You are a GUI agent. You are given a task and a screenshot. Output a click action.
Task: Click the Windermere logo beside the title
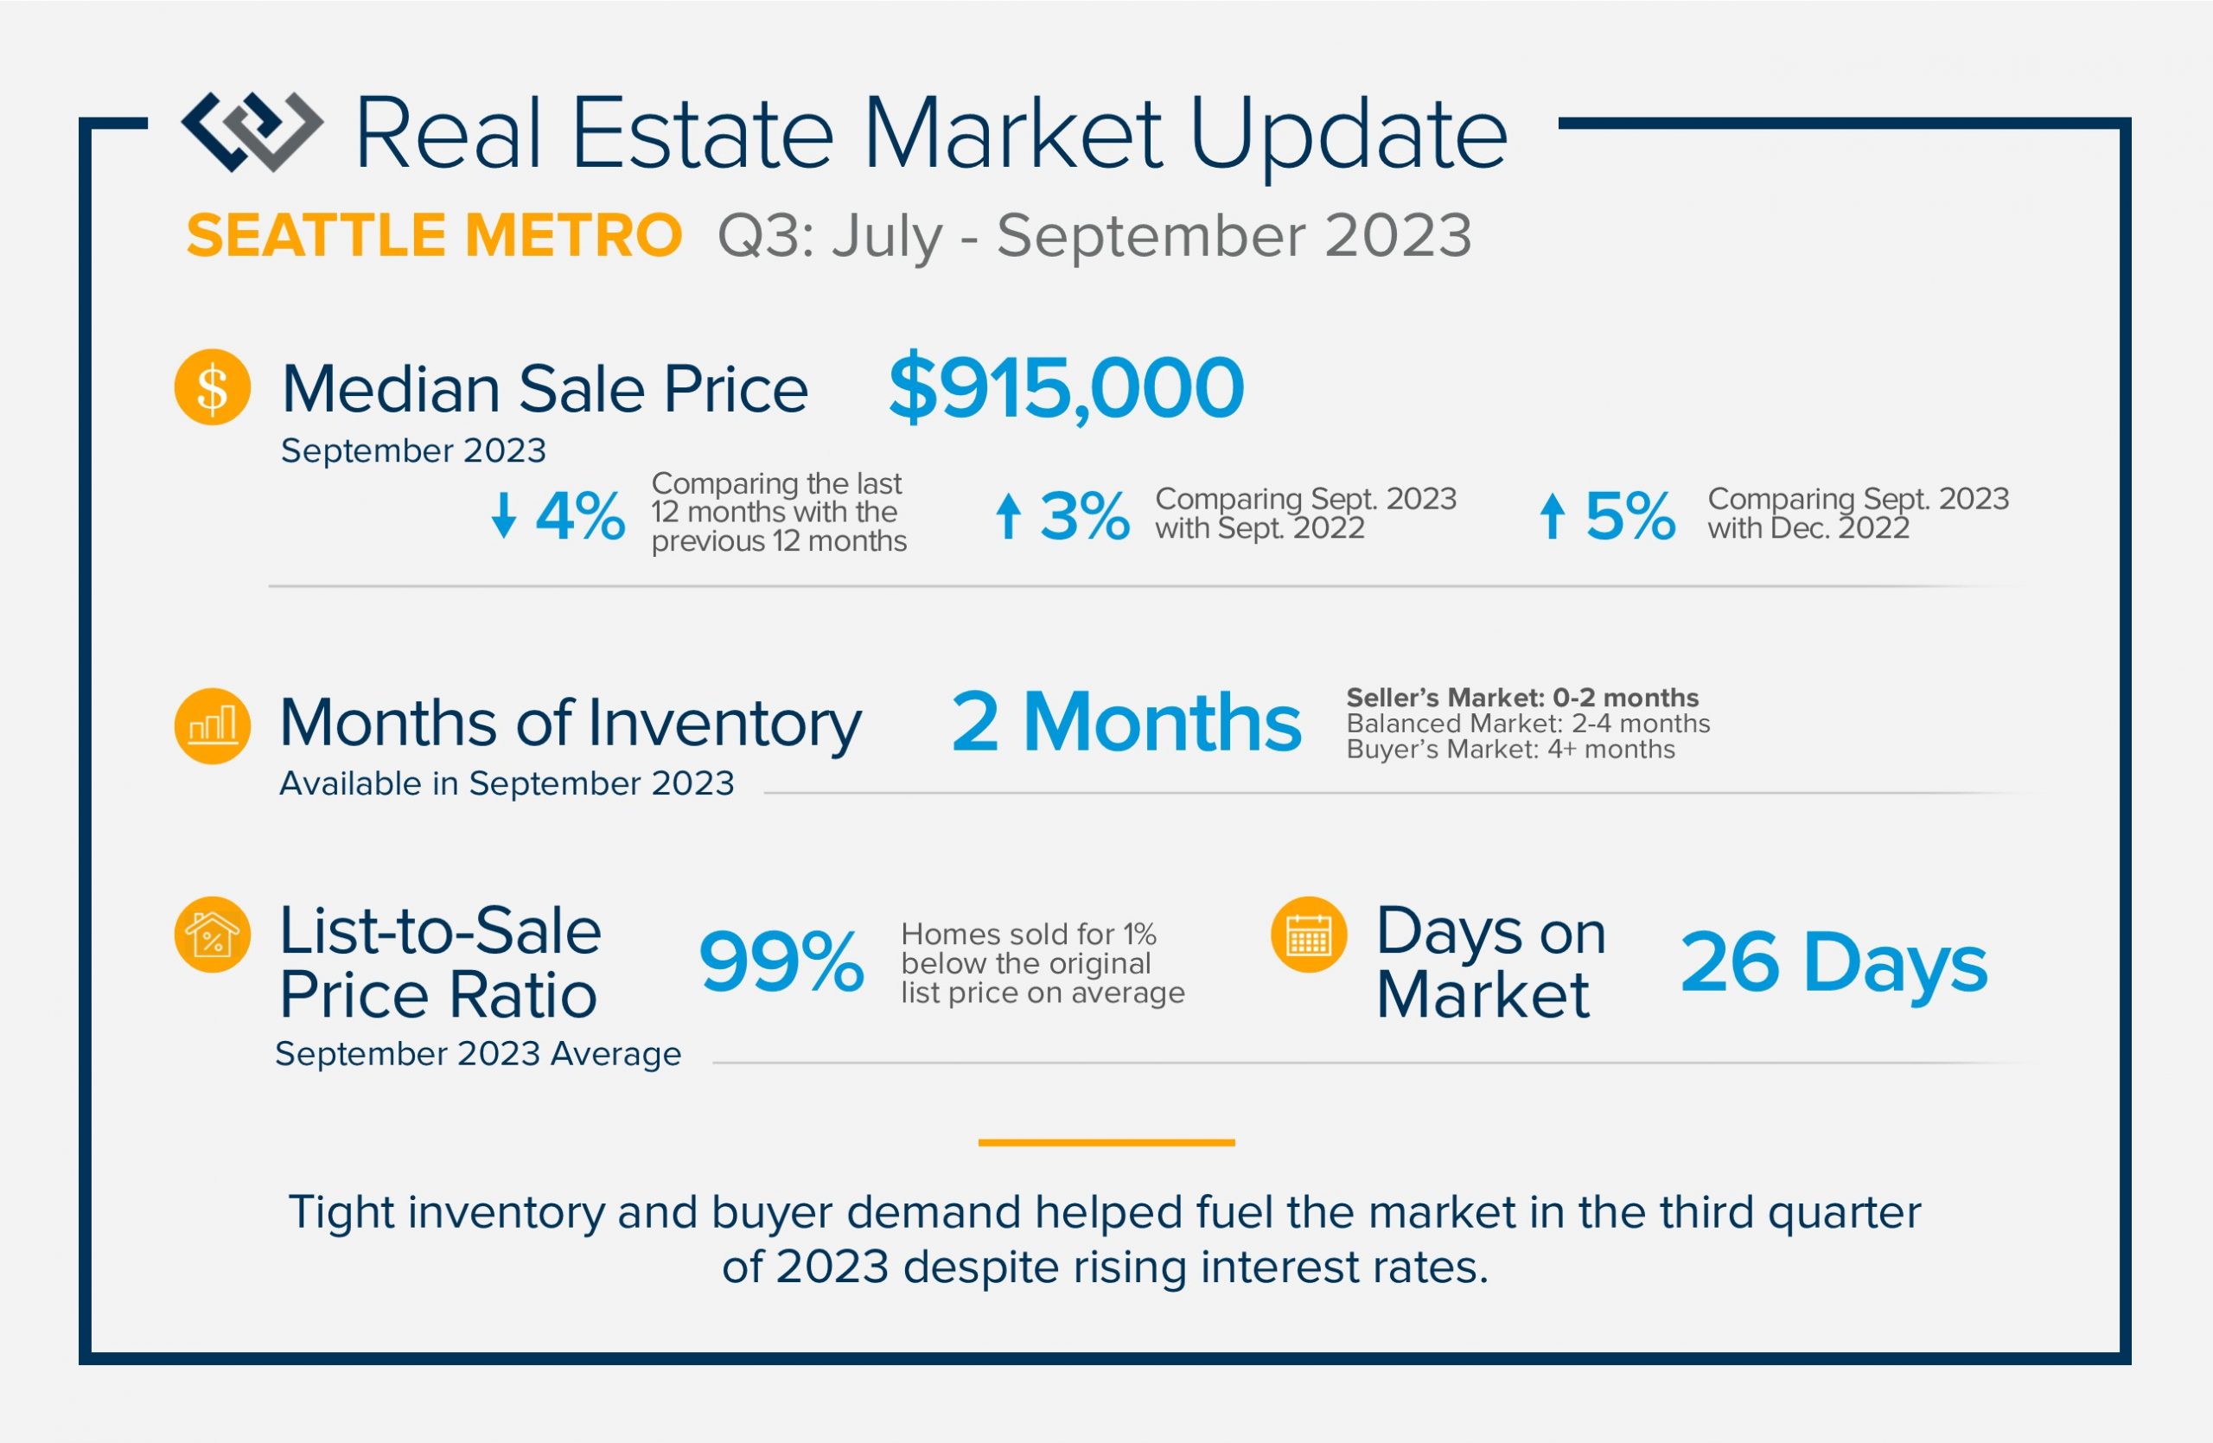pyautogui.click(x=252, y=131)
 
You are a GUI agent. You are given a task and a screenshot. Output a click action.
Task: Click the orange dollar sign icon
pyautogui.click(x=212, y=386)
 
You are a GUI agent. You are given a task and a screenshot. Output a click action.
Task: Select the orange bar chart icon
pyautogui.click(x=212, y=725)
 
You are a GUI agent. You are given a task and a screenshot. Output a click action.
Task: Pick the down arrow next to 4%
pyautogui.click(x=503, y=515)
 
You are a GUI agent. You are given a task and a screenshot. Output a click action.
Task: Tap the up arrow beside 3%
pyautogui.click(x=1008, y=515)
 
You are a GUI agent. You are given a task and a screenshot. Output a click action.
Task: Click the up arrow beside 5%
pyautogui.click(x=1551, y=515)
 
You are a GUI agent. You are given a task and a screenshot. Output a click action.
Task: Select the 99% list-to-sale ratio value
pyautogui.click(x=781, y=961)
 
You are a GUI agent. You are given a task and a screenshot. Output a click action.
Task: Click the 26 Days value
pyautogui.click(x=1834, y=963)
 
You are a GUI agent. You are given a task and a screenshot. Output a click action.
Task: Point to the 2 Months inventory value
pyautogui.click(x=1126, y=723)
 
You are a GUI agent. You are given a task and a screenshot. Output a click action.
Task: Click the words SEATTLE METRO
pyautogui.click(x=434, y=235)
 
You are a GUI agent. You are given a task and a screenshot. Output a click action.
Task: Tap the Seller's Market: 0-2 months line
pyautogui.click(x=1522, y=698)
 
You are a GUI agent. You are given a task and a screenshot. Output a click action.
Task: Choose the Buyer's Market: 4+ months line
pyautogui.click(x=1510, y=750)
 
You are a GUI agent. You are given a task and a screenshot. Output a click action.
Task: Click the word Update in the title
pyautogui.click(x=1349, y=135)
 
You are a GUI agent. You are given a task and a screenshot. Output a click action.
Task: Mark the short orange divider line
pyautogui.click(x=1106, y=1142)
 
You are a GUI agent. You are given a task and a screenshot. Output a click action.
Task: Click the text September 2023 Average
pyautogui.click(x=478, y=1053)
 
